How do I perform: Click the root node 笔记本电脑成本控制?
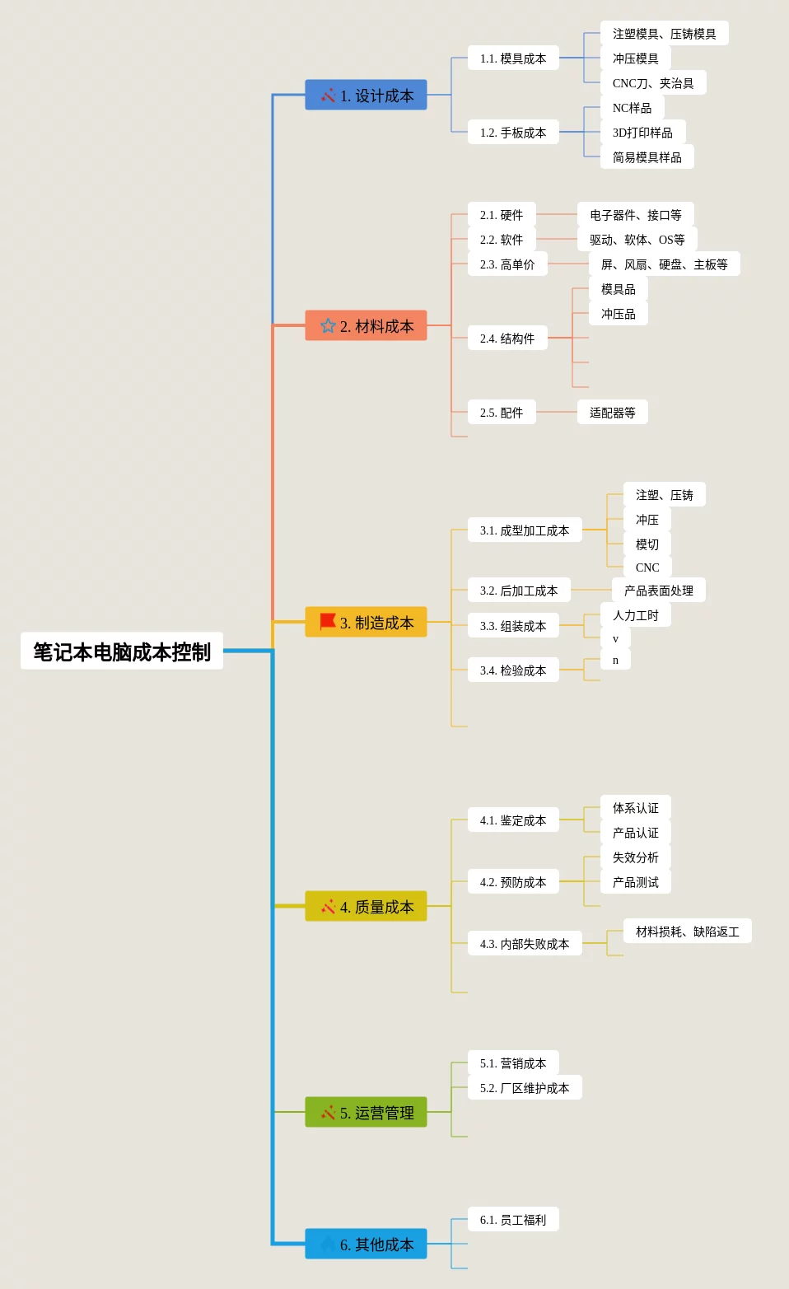click(x=122, y=652)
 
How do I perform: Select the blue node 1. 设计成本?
click(x=366, y=96)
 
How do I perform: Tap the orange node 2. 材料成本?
click(x=366, y=326)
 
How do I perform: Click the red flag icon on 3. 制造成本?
click(x=328, y=621)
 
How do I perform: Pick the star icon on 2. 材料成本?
click(x=328, y=325)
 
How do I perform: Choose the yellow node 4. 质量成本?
click(x=366, y=907)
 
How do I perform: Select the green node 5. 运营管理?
click(x=366, y=1113)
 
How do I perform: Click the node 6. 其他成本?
click(x=366, y=1245)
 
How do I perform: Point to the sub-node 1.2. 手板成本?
click(x=513, y=133)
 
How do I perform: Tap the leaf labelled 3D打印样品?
click(x=642, y=133)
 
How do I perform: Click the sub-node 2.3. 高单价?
click(x=507, y=264)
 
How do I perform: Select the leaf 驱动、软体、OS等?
click(x=637, y=240)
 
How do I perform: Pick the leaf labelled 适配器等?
click(x=612, y=413)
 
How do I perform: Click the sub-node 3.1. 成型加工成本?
click(x=525, y=530)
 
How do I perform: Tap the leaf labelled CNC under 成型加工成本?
click(x=647, y=567)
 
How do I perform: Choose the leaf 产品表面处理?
click(x=658, y=591)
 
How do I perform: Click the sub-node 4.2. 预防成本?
click(x=513, y=882)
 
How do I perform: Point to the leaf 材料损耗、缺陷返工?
click(x=687, y=932)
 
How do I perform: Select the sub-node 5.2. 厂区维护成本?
click(x=525, y=1088)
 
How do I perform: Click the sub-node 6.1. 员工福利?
click(x=513, y=1220)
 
